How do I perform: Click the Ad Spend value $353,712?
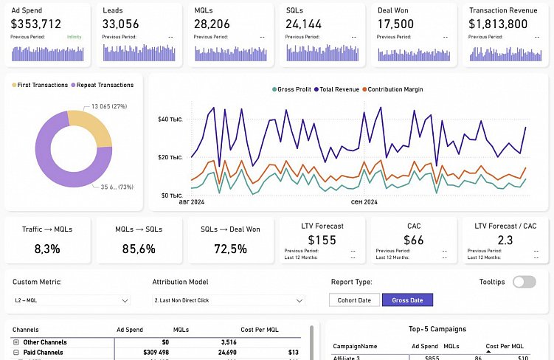click(36, 24)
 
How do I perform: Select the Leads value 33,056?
click(121, 24)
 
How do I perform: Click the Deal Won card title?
click(394, 10)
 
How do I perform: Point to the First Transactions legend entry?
click(40, 85)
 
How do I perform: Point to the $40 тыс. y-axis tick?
click(170, 120)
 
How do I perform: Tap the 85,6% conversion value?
click(139, 249)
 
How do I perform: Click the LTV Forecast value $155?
click(322, 240)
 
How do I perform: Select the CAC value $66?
click(414, 240)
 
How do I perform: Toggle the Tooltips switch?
click(524, 282)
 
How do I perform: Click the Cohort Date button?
click(354, 300)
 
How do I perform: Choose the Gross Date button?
click(407, 300)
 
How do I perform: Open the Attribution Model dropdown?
click(228, 300)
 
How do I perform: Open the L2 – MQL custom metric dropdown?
click(71, 300)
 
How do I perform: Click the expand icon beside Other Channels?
click(16, 342)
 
